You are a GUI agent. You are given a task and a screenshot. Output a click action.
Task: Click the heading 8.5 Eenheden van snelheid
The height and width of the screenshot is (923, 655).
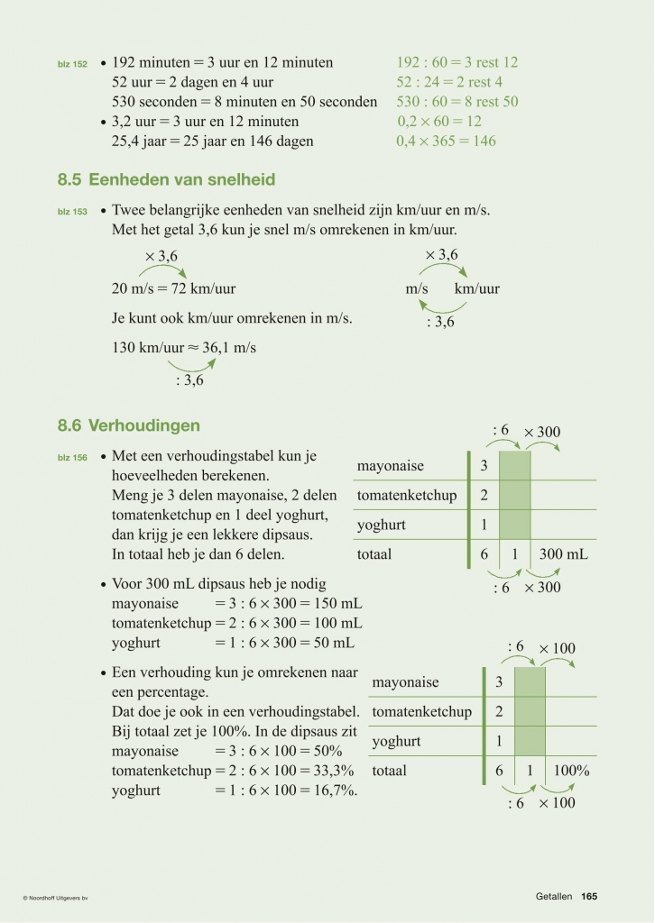(x=166, y=180)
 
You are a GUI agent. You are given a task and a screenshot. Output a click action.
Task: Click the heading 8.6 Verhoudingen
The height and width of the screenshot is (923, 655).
(x=129, y=425)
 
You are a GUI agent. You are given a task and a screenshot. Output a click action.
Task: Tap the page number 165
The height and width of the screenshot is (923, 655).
(x=589, y=896)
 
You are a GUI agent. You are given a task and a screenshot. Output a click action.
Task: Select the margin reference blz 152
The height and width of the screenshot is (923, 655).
(x=72, y=65)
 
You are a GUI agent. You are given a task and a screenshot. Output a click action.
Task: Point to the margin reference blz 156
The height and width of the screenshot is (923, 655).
(x=72, y=458)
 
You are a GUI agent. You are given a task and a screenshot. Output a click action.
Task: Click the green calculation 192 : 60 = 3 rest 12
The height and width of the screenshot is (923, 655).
(x=457, y=63)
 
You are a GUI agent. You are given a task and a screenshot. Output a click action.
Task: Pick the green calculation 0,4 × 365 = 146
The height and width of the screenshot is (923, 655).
(x=446, y=142)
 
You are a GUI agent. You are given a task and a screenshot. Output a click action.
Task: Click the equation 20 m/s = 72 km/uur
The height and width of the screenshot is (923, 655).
(x=173, y=289)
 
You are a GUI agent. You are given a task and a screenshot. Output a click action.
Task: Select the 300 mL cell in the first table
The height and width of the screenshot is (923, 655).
(x=563, y=554)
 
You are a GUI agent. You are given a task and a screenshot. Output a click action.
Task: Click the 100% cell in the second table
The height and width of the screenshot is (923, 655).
(x=571, y=771)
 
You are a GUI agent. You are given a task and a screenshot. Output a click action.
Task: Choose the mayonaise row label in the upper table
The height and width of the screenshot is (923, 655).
(x=391, y=466)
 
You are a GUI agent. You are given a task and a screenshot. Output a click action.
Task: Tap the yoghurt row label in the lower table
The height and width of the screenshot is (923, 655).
(x=396, y=742)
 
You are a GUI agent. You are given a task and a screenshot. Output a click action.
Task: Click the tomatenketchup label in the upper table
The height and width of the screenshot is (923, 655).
(x=407, y=496)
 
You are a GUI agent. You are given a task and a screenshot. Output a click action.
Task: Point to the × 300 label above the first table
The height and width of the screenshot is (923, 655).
(x=542, y=433)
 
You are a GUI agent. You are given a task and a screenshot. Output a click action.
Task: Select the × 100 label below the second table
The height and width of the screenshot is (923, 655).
(x=557, y=803)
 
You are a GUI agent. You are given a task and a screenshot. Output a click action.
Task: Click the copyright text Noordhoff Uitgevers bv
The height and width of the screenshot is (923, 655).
(x=60, y=897)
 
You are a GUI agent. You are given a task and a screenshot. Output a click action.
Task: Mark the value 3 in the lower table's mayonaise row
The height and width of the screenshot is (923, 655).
(x=499, y=682)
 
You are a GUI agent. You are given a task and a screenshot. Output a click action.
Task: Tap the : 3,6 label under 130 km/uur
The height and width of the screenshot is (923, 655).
(x=189, y=380)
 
